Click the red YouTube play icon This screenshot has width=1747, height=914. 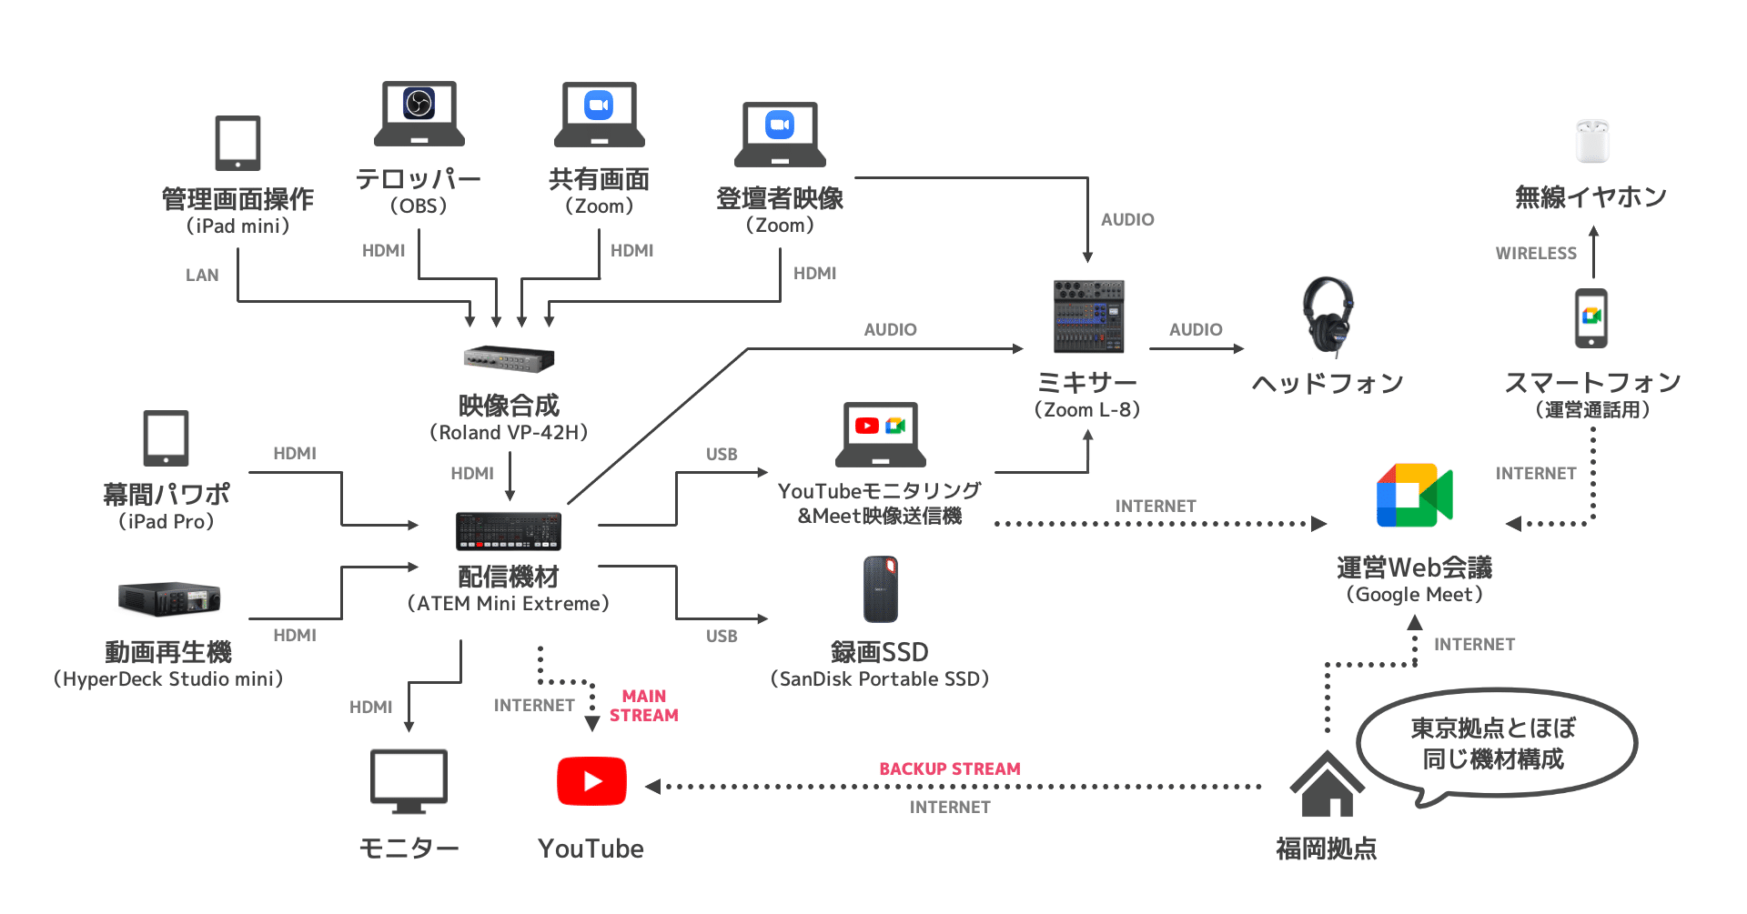(x=591, y=781)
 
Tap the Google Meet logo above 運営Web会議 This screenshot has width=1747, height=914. (x=1414, y=496)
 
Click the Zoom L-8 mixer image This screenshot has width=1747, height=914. (x=1088, y=316)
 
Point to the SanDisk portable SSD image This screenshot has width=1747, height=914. (x=880, y=589)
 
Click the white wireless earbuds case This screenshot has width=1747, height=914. (x=1592, y=141)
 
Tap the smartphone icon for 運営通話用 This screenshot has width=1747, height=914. (x=1591, y=318)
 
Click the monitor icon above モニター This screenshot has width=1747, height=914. (x=409, y=780)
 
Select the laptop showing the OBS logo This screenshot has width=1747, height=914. (x=419, y=114)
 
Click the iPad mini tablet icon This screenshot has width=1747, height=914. (x=237, y=143)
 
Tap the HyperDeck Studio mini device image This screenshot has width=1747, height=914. (x=169, y=598)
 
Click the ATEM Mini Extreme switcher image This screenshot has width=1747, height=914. (x=509, y=531)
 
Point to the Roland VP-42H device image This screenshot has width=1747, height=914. (x=509, y=359)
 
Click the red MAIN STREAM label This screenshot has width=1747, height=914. (x=644, y=706)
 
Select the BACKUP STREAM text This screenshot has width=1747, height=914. (x=949, y=769)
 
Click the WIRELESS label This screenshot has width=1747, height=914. (x=1536, y=254)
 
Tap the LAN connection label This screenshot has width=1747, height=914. (x=202, y=276)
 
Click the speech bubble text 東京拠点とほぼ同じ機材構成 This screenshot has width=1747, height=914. (x=1492, y=743)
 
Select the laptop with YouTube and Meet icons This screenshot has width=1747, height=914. (x=880, y=434)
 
